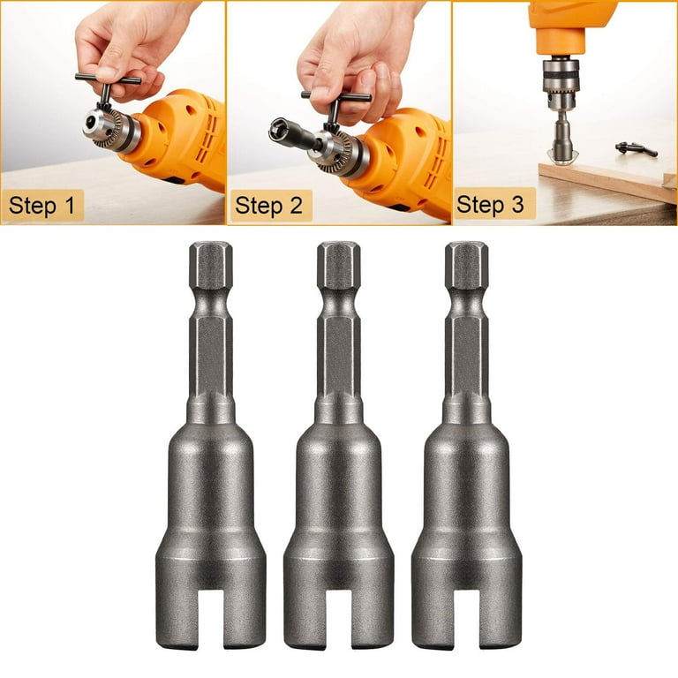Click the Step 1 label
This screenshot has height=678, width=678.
[x=42, y=206]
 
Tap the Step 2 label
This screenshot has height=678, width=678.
[x=269, y=206]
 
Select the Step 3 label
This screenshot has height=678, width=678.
[x=490, y=204]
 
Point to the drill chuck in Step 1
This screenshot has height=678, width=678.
[x=110, y=128]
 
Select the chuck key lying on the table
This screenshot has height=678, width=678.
[x=636, y=148]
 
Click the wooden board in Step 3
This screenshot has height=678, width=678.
[x=606, y=179]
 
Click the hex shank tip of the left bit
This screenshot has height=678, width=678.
[x=211, y=265]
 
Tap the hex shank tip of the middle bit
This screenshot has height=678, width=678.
[x=339, y=265]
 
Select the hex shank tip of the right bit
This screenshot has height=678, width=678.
[x=466, y=265]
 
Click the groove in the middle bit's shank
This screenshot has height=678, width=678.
[x=339, y=304]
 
